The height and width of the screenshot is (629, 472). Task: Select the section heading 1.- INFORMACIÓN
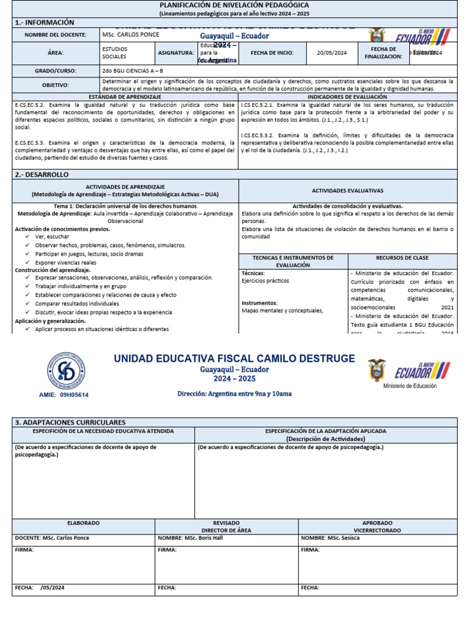44,22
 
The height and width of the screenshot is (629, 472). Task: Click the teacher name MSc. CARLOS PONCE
130,35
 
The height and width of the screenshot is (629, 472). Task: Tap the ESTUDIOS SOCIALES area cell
115,52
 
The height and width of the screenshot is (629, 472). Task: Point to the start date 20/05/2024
332,53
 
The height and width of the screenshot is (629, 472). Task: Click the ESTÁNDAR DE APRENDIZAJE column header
125,97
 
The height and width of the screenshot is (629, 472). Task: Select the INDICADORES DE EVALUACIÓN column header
347,97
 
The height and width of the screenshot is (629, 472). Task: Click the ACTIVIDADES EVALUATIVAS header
347,191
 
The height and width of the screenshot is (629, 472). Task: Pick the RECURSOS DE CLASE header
403,258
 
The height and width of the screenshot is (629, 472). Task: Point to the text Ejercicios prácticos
265,281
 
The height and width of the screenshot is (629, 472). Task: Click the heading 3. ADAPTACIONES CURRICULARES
70,423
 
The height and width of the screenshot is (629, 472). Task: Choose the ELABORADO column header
83,523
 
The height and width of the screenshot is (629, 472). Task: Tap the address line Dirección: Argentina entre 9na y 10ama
235,393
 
